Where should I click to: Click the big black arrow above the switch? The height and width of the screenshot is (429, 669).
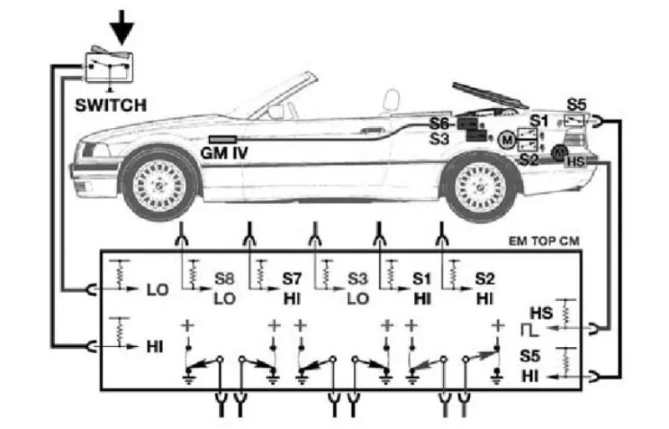point(121,27)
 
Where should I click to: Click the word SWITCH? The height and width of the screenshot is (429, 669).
point(111,105)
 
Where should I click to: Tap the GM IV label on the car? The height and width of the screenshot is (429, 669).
point(224,153)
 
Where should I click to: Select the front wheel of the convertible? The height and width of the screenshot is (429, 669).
point(159,186)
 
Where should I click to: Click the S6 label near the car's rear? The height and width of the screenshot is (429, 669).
point(438,124)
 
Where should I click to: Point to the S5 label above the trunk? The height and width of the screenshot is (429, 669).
point(576,105)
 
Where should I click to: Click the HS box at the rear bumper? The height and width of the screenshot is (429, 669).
point(576,161)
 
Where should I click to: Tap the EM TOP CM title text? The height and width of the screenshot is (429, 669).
point(544,242)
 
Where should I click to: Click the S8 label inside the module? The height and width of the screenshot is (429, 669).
point(224,279)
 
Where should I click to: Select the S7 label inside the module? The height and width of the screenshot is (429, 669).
point(292,279)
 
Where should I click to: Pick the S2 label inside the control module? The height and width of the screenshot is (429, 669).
point(485,279)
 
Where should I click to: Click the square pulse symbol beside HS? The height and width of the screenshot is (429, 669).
point(529,330)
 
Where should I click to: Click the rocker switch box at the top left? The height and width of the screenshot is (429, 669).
point(110,66)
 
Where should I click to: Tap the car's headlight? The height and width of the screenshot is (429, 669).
point(94,151)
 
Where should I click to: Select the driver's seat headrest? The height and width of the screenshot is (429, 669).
point(391,100)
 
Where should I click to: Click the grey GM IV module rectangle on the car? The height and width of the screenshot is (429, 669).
point(222,140)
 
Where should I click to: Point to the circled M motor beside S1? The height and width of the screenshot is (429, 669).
point(508,140)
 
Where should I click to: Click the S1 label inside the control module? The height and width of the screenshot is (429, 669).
point(422,279)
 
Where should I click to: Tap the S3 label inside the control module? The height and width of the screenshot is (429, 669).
point(358,279)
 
